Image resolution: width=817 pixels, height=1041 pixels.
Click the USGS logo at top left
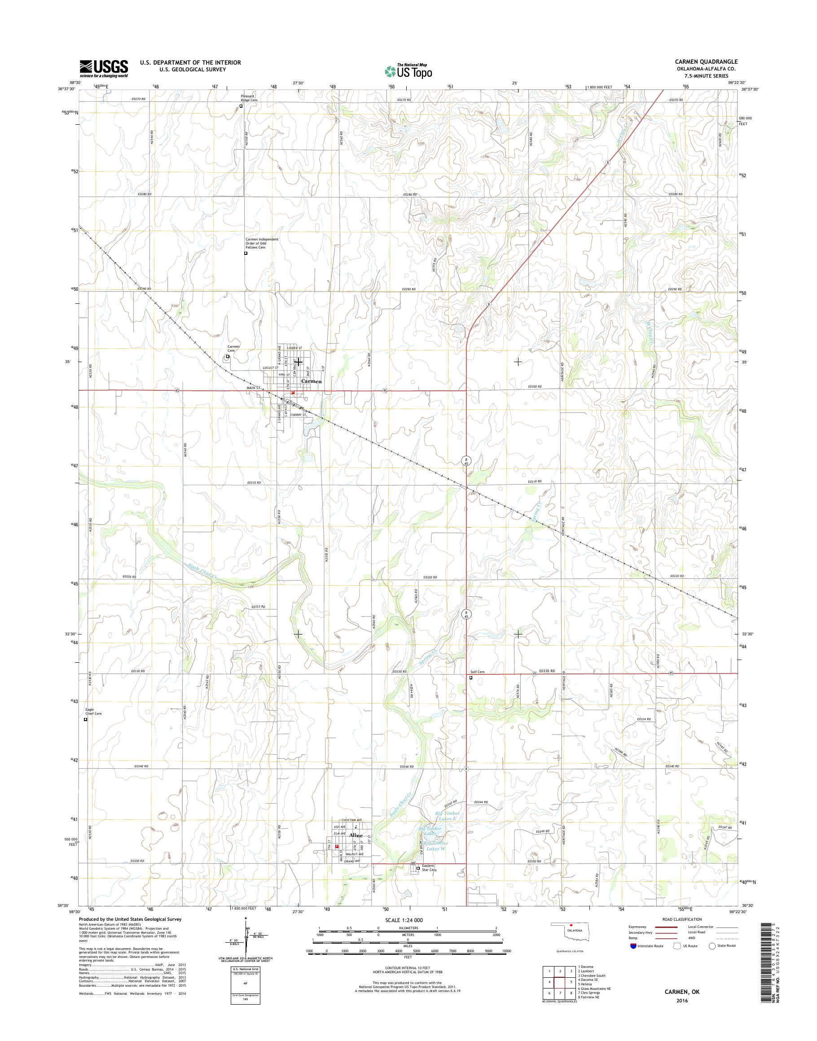click(x=104, y=68)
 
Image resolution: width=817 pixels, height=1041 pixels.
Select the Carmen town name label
click(x=312, y=381)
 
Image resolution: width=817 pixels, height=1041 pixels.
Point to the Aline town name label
click(x=356, y=835)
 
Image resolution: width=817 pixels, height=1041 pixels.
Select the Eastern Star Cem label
click(x=429, y=868)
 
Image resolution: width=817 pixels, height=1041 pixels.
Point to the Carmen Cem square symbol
click(x=228, y=356)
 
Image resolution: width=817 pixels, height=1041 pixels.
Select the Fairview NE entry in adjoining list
click(x=590, y=993)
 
